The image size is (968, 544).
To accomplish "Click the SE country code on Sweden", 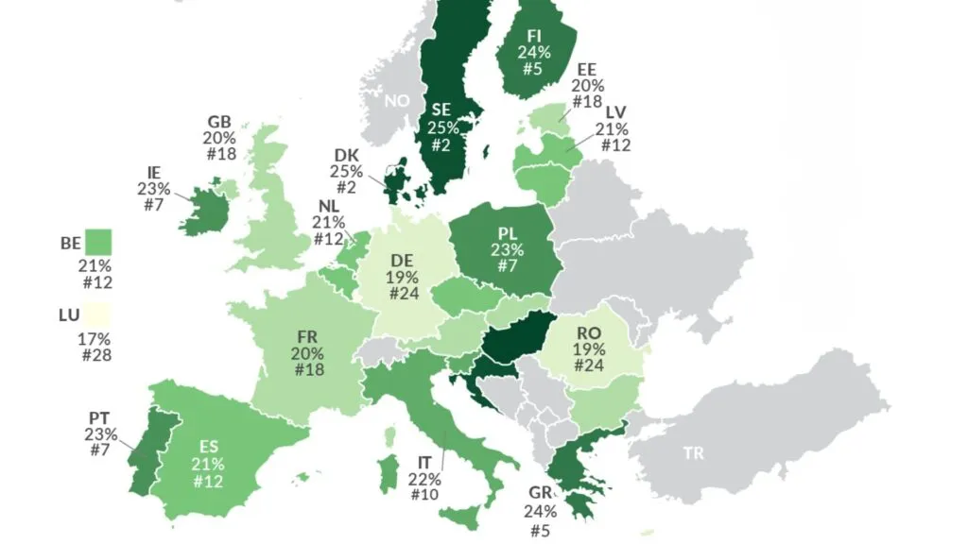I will pyautogui.click(x=442, y=110).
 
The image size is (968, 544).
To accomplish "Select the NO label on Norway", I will pyautogui.click(x=397, y=100).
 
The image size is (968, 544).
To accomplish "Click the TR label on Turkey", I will pyautogui.click(x=694, y=453).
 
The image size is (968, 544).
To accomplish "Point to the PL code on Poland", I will pyautogui.click(x=507, y=233).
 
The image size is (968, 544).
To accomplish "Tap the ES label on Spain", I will pyautogui.click(x=208, y=447).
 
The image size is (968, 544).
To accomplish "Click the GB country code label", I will pyautogui.click(x=219, y=122).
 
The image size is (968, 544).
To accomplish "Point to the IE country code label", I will pyautogui.click(x=153, y=173).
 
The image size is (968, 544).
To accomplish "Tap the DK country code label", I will pyautogui.click(x=346, y=156).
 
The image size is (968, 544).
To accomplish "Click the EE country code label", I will pyautogui.click(x=587, y=69).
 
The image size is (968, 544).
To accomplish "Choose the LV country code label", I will pyautogui.click(x=615, y=112).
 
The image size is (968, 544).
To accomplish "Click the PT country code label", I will pyautogui.click(x=100, y=418).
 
